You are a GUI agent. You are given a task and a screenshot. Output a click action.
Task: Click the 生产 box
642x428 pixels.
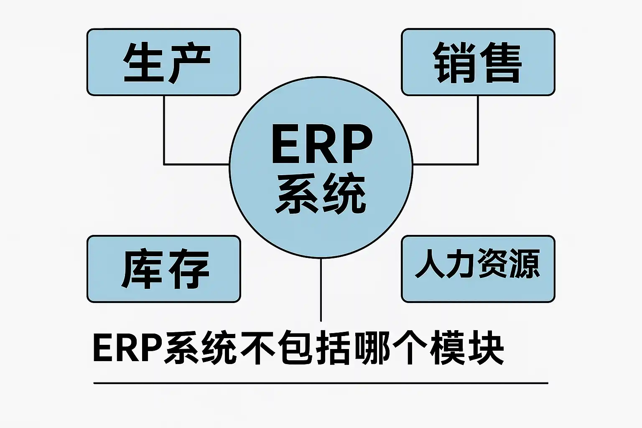point(163,62)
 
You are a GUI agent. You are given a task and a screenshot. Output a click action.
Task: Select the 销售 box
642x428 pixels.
point(478,62)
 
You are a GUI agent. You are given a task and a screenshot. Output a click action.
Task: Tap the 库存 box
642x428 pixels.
point(163,269)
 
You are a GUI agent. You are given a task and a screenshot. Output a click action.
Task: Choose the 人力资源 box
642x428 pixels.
point(478,269)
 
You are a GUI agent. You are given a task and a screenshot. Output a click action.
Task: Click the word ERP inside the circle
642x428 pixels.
point(321,144)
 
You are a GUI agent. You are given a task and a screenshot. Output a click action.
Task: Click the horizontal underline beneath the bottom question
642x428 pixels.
point(321,383)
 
